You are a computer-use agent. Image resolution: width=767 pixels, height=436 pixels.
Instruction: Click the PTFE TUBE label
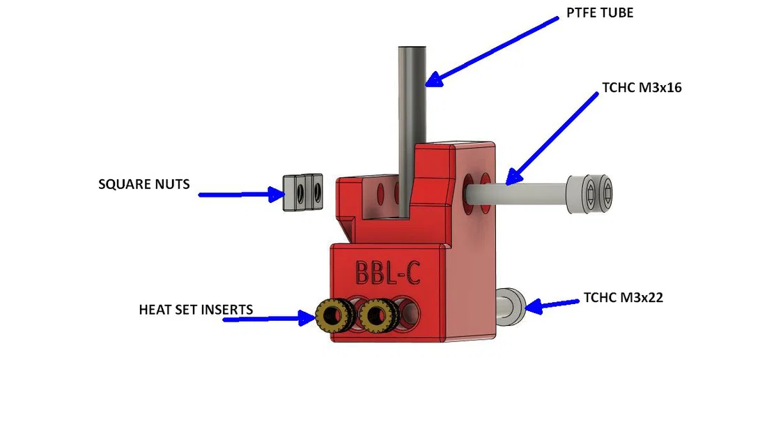[600, 13]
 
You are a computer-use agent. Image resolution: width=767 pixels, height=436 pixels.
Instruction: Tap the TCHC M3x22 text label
[623, 298]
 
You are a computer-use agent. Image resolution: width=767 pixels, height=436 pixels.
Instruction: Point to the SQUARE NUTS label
[144, 185]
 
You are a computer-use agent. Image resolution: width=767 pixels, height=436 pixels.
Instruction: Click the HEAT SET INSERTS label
[195, 309]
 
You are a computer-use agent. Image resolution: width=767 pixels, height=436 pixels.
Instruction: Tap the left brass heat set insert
[332, 317]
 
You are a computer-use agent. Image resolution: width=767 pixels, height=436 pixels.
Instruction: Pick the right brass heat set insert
[377, 317]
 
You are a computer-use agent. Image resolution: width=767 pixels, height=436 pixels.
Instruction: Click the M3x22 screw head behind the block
[511, 306]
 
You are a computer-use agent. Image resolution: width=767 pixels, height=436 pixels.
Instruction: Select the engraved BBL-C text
[387, 272]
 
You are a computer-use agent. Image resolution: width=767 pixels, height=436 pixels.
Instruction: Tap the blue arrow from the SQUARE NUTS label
[237, 195]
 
